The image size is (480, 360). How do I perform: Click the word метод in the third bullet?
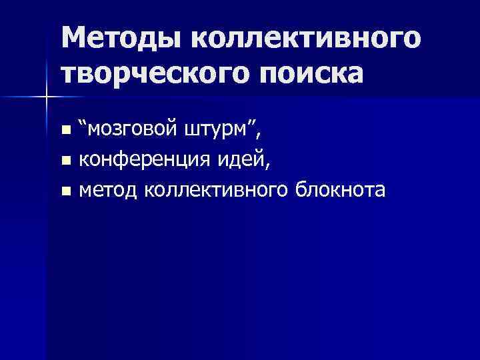108,191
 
